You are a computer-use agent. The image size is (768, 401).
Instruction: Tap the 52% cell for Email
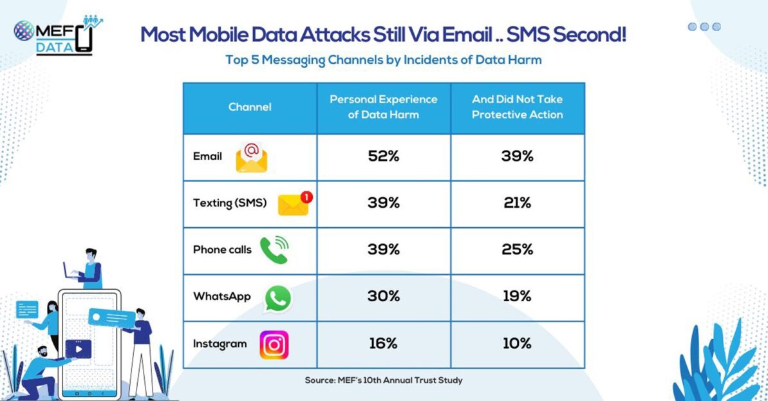point(384,156)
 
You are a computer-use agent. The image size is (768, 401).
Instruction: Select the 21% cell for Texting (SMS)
point(517,203)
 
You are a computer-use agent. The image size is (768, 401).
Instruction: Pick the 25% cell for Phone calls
point(517,250)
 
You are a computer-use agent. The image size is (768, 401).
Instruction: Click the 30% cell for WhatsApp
point(384,296)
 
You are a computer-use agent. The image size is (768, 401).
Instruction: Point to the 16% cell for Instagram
point(384,344)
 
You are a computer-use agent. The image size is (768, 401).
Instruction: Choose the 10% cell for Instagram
point(517,344)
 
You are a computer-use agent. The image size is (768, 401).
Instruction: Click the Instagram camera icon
point(274,344)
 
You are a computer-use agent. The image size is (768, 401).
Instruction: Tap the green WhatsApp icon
point(277,299)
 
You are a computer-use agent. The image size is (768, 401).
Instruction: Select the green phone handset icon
point(273,250)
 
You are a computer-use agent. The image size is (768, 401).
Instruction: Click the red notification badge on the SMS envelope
point(306,196)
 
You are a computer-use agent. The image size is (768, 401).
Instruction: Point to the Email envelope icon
point(252,158)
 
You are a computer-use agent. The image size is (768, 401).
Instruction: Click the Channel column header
point(250,107)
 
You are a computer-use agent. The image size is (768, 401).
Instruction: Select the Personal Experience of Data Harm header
point(384,107)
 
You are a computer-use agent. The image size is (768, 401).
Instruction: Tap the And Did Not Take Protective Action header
point(517,107)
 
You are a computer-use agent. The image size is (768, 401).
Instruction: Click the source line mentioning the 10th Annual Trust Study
point(384,380)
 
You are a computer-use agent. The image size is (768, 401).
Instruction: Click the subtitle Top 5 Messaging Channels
point(383,60)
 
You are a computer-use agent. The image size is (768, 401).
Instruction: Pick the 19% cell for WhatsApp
point(517,296)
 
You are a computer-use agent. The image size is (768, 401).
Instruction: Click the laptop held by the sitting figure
point(70,270)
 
